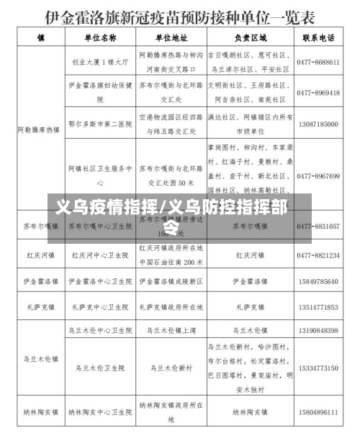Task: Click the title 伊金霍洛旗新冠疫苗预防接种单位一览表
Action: click(x=180, y=15)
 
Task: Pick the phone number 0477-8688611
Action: click(x=318, y=63)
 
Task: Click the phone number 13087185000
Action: click(x=318, y=124)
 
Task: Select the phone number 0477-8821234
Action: click(x=318, y=255)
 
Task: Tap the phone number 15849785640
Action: click(x=318, y=280)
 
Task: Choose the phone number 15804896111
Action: click(x=318, y=413)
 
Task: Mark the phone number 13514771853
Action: click(x=318, y=307)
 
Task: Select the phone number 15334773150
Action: click(x=318, y=368)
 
